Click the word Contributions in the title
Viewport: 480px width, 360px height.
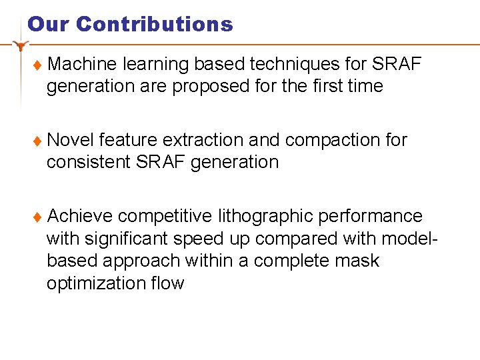[x=155, y=25]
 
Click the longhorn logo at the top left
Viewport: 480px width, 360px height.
[x=21, y=46]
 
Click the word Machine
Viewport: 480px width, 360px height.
[x=83, y=64]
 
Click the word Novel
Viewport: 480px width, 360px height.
[x=71, y=140]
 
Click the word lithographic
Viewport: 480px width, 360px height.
[x=265, y=216]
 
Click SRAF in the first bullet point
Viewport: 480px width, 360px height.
[x=397, y=64]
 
